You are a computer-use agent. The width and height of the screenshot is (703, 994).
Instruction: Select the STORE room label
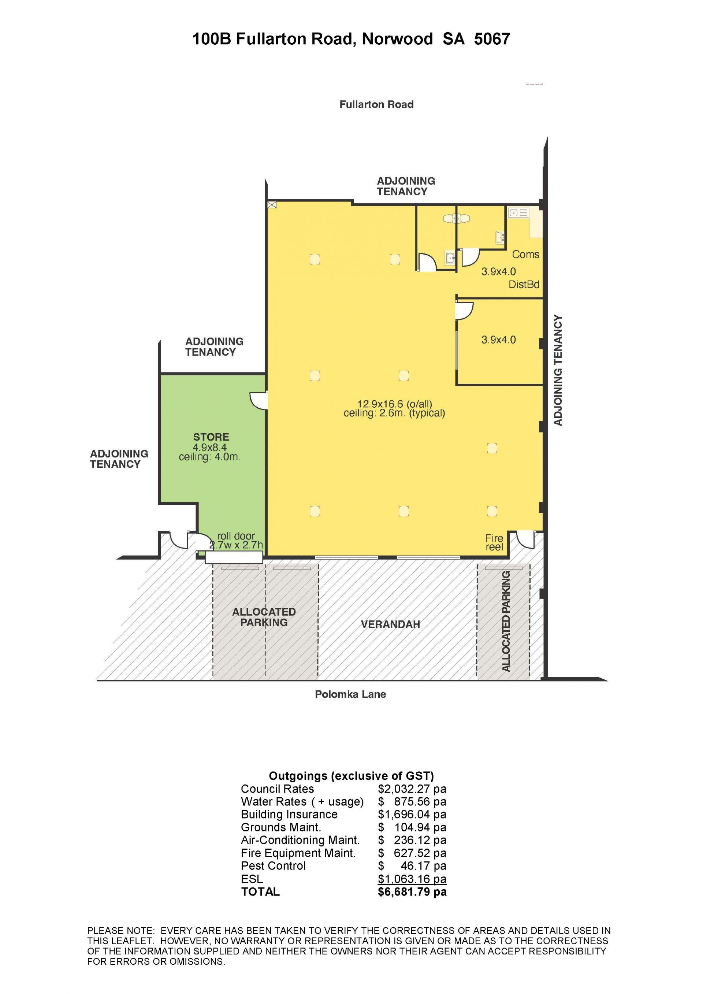tap(211, 437)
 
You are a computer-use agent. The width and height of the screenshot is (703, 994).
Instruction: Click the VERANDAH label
tap(390, 624)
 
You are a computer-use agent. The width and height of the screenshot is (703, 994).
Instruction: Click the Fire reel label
tap(494, 542)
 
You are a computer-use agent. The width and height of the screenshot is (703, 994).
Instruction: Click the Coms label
tap(525, 255)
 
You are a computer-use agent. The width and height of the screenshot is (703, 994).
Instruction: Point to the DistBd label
tap(524, 285)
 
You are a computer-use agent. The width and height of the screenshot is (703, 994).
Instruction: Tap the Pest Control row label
tap(273, 866)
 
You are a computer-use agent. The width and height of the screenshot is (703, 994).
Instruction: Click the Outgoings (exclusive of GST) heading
tap(351, 776)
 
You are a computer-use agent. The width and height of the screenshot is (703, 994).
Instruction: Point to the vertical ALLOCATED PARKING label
tap(506, 621)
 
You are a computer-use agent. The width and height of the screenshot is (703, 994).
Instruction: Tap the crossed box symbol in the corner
tap(272, 205)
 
